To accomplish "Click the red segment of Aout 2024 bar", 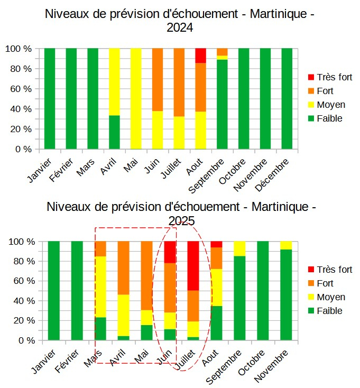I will (200, 56).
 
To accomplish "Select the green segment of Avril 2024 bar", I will (114, 132).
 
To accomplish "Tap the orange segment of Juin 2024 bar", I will (157, 79).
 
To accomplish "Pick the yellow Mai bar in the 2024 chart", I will (136, 99).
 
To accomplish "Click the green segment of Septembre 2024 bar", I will (222, 104).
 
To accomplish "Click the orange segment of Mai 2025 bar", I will (146, 275).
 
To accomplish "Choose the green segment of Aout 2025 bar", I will (216, 323).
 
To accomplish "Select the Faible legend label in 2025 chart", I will (330, 311).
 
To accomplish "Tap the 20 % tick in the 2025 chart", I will (21, 320).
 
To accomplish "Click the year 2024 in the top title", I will (180, 27).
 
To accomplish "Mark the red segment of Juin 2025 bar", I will (170, 252).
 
